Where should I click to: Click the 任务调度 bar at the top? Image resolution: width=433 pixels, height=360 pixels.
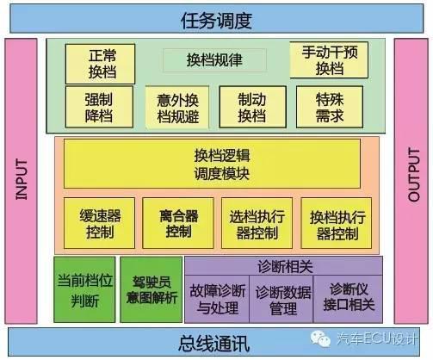tap(217, 19)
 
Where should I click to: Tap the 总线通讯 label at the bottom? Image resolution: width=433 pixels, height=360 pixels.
tap(213, 343)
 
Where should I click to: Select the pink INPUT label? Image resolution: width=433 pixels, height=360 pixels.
tap(22, 180)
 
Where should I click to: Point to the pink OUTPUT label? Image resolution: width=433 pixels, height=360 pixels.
tap(414, 175)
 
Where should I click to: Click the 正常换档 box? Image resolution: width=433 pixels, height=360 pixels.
tap(100, 64)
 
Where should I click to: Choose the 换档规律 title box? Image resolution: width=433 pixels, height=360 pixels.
tap(214, 60)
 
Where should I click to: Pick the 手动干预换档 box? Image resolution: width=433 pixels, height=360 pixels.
tap(329, 60)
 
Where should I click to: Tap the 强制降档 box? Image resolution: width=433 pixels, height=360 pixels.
tap(99, 107)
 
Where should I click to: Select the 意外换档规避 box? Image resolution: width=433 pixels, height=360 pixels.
tap(177, 108)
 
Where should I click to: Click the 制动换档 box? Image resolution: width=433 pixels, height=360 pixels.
tap(253, 107)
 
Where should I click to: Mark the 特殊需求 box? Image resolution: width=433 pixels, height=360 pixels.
tap(330, 107)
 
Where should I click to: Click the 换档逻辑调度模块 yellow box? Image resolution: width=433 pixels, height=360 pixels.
tap(212, 164)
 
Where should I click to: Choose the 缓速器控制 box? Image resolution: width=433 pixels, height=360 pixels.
tap(99, 223)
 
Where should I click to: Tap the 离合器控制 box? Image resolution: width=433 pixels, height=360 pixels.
tap(178, 223)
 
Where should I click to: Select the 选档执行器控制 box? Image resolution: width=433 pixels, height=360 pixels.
tap(257, 223)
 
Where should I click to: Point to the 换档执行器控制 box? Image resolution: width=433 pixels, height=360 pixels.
tap(337, 223)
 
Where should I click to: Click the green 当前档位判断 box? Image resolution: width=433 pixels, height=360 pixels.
tap(84, 289)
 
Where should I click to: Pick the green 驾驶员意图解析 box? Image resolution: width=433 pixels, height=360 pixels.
tap(152, 289)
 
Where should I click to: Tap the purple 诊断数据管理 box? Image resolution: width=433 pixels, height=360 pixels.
tap(281, 299)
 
